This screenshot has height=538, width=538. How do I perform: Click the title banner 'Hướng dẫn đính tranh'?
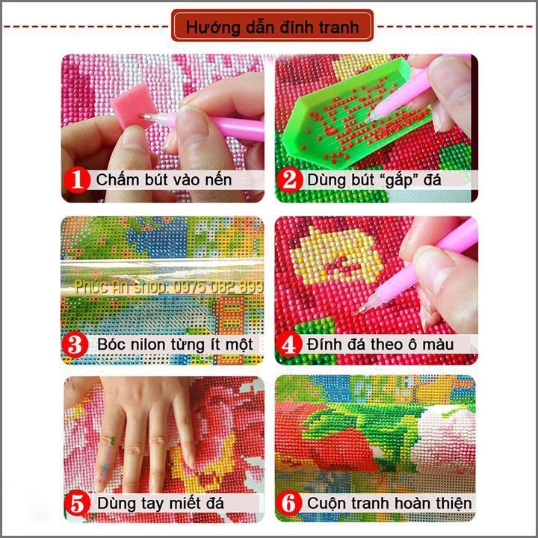(x=272, y=26)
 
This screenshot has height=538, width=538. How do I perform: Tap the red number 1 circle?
(x=77, y=180)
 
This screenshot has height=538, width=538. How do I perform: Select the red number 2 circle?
(x=291, y=180)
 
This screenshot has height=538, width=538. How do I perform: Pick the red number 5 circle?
(x=77, y=502)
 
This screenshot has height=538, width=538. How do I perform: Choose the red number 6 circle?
(x=291, y=502)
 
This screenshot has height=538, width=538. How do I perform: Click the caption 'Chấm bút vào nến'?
(x=164, y=180)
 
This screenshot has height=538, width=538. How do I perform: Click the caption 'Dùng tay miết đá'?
(x=160, y=502)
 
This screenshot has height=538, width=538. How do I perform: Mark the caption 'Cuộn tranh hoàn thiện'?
(x=389, y=502)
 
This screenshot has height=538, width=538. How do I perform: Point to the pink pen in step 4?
(x=433, y=262)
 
